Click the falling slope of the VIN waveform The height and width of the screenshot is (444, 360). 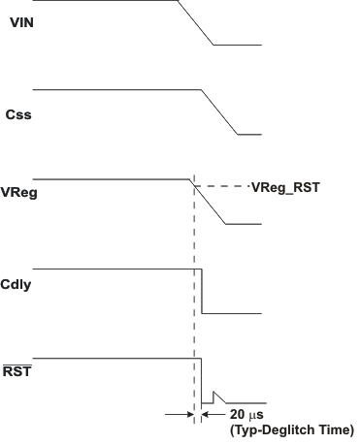(x=197, y=22)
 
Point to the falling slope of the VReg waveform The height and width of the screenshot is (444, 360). (x=208, y=202)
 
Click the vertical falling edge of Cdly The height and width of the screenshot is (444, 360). (x=202, y=291)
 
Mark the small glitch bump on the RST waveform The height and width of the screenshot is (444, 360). (x=217, y=395)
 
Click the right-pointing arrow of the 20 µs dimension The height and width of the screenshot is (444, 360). (x=185, y=414)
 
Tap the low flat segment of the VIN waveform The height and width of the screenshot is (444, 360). (x=238, y=45)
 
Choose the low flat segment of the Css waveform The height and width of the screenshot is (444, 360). (x=248, y=134)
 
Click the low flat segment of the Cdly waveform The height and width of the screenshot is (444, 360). (x=233, y=313)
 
